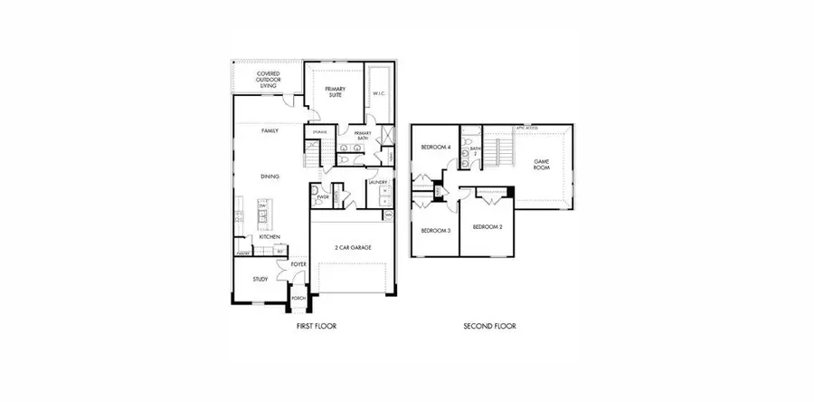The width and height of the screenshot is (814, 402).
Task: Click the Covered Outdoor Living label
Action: pyautogui.click(x=267, y=79)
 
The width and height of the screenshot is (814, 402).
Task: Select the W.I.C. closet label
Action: pyautogui.click(x=380, y=93)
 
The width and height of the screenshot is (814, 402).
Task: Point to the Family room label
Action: pyautogui.click(x=270, y=131)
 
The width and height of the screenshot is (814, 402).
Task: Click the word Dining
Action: pyautogui.click(x=270, y=177)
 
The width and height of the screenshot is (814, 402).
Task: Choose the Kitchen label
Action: pyautogui.click(x=270, y=237)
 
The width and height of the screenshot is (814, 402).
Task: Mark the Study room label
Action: pyautogui.click(x=260, y=280)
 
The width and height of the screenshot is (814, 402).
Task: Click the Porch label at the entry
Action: pyautogui.click(x=298, y=298)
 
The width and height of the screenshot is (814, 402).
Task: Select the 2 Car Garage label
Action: pyautogui.click(x=354, y=247)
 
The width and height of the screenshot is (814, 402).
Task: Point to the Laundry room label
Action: pyautogui.click(x=379, y=183)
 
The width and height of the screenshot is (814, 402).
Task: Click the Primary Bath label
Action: pyautogui.click(x=363, y=136)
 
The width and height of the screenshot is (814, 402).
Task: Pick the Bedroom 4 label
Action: pyautogui.click(x=435, y=148)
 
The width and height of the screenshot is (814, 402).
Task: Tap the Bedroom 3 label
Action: pyautogui.click(x=436, y=231)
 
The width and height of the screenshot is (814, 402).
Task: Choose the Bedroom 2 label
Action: pyautogui.click(x=488, y=226)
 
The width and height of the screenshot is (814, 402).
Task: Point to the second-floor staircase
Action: pyautogui.click(x=493, y=149)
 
